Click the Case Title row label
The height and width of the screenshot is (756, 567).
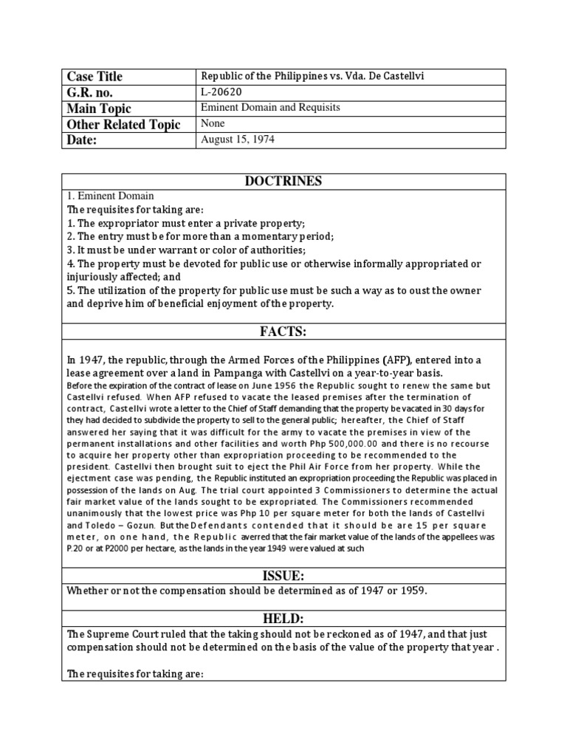[94, 77]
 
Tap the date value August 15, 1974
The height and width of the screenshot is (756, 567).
[237, 140]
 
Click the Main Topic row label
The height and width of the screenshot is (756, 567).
[99, 109]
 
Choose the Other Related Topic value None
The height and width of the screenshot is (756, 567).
[213, 124]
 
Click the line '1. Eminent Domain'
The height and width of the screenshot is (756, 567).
[110, 196]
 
